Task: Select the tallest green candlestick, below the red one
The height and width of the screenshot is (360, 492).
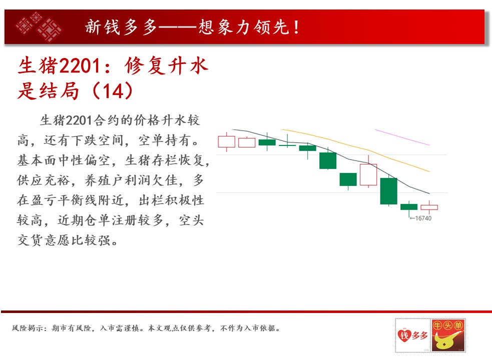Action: click(x=388, y=190)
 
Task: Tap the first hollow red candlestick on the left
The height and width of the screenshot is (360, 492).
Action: click(x=226, y=141)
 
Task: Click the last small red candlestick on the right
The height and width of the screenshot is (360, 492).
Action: click(x=429, y=207)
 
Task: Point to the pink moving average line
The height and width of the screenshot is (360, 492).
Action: click(x=402, y=137)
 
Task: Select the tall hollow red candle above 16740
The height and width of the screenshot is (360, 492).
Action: click(x=368, y=174)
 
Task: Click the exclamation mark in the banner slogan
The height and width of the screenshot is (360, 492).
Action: click(x=296, y=27)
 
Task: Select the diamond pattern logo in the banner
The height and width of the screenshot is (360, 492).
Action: click(x=39, y=26)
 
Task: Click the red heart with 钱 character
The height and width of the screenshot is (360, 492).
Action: click(x=404, y=335)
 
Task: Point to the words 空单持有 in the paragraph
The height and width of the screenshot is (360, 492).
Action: click(x=165, y=140)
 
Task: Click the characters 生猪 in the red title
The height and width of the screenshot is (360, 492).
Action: click(x=38, y=66)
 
